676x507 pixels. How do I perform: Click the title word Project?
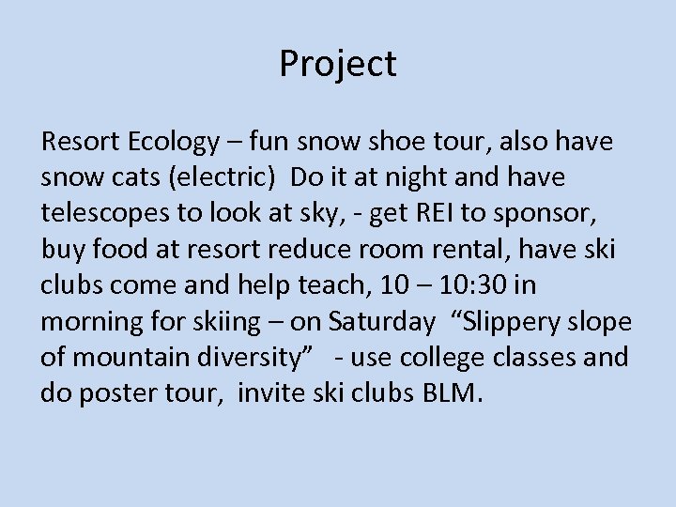[x=338, y=64]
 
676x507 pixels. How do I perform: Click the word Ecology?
[x=173, y=143]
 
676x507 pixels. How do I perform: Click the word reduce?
[x=312, y=250]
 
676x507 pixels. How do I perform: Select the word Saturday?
[x=382, y=321]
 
